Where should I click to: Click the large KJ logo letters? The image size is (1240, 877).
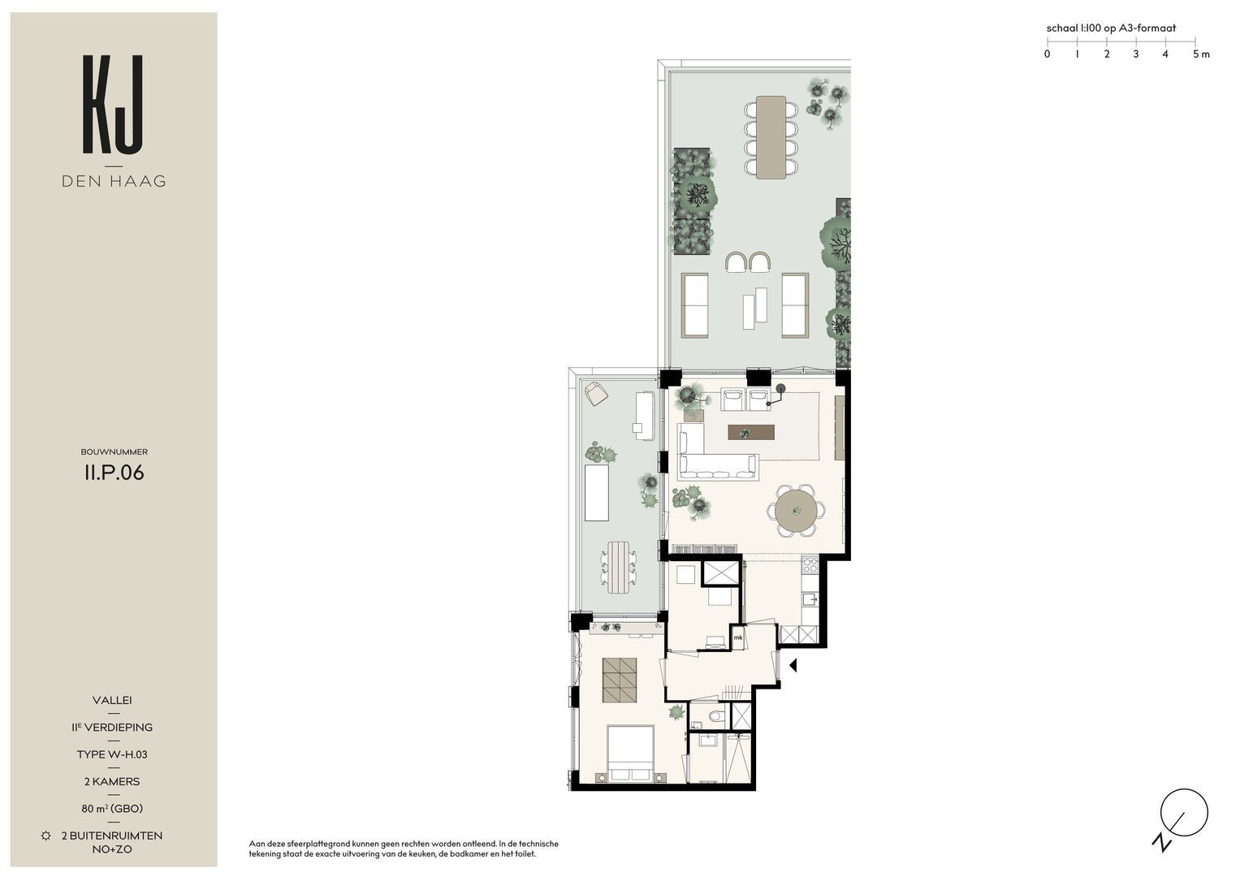click(x=114, y=104)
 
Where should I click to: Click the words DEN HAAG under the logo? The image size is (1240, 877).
click(x=114, y=181)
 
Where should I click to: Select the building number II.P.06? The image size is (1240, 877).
click(x=114, y=473)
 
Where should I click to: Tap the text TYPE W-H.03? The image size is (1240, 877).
click(x=112, y=754)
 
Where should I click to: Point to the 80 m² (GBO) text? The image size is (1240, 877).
click(x=112, y=808)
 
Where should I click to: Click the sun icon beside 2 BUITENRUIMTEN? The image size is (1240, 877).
click(x=46, y=836)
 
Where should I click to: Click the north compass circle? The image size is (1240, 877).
click(x=1184, y=812)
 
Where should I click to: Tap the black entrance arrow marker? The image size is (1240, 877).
click(x=793, y=665)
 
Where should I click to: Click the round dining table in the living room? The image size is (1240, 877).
click(x=796, y=511)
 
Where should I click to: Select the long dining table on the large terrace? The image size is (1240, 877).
click(x=771, y=137)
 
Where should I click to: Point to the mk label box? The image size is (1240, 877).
click(x=738, y=637)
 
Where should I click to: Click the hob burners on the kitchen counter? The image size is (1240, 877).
click(x=810, y=565)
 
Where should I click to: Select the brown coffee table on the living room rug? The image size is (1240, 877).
click(x=750, y=432)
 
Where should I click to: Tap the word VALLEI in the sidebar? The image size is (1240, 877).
click(x=112, y=700)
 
